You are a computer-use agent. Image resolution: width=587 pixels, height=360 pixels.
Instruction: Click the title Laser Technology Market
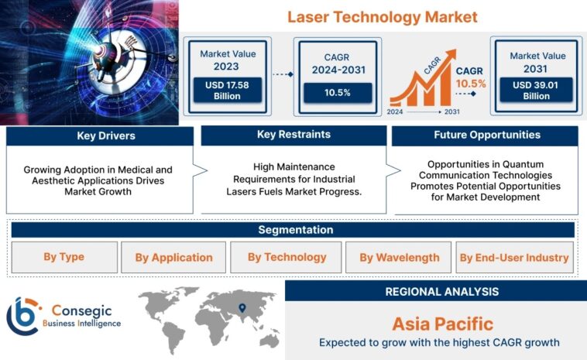pyautogui.click(x=383, y=16)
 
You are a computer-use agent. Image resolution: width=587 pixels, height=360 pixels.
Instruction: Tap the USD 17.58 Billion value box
pyautogui.click(x=228, y=90)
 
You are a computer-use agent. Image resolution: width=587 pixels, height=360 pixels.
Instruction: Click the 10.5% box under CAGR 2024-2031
pyautogui.click(x=337, y=92)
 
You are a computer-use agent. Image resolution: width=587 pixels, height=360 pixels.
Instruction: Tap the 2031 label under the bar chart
pyautogui.click(x=451, y=111)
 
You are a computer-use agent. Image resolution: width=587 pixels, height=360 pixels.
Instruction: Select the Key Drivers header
pyautogui.click(x=99, y=136)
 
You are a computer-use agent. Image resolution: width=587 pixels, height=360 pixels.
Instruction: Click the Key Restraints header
pyautogui.click(x=293, y=135)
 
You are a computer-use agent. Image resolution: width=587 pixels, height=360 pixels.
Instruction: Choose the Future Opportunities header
pyautogui.click(x=486, y=135)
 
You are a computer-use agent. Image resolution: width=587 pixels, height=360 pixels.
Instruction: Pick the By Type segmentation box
pyautogui.click(x=65, y=257)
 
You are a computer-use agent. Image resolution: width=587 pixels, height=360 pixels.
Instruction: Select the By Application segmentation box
pyautogui.click(x=173, y=258)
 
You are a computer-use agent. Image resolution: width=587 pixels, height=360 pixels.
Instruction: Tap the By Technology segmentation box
pyautogui.click(x=287, y=257)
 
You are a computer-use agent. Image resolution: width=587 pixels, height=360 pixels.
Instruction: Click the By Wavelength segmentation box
pyautogui.click(x=399, y=258)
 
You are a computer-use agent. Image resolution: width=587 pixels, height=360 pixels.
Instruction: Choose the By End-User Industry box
pyautogui.click(x=513, y=258)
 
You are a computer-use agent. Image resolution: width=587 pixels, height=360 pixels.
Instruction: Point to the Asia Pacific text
pyautogui.click(x=442, y=323)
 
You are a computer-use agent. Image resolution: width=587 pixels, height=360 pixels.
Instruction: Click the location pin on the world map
pyautogui.click(x=242, y=307)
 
